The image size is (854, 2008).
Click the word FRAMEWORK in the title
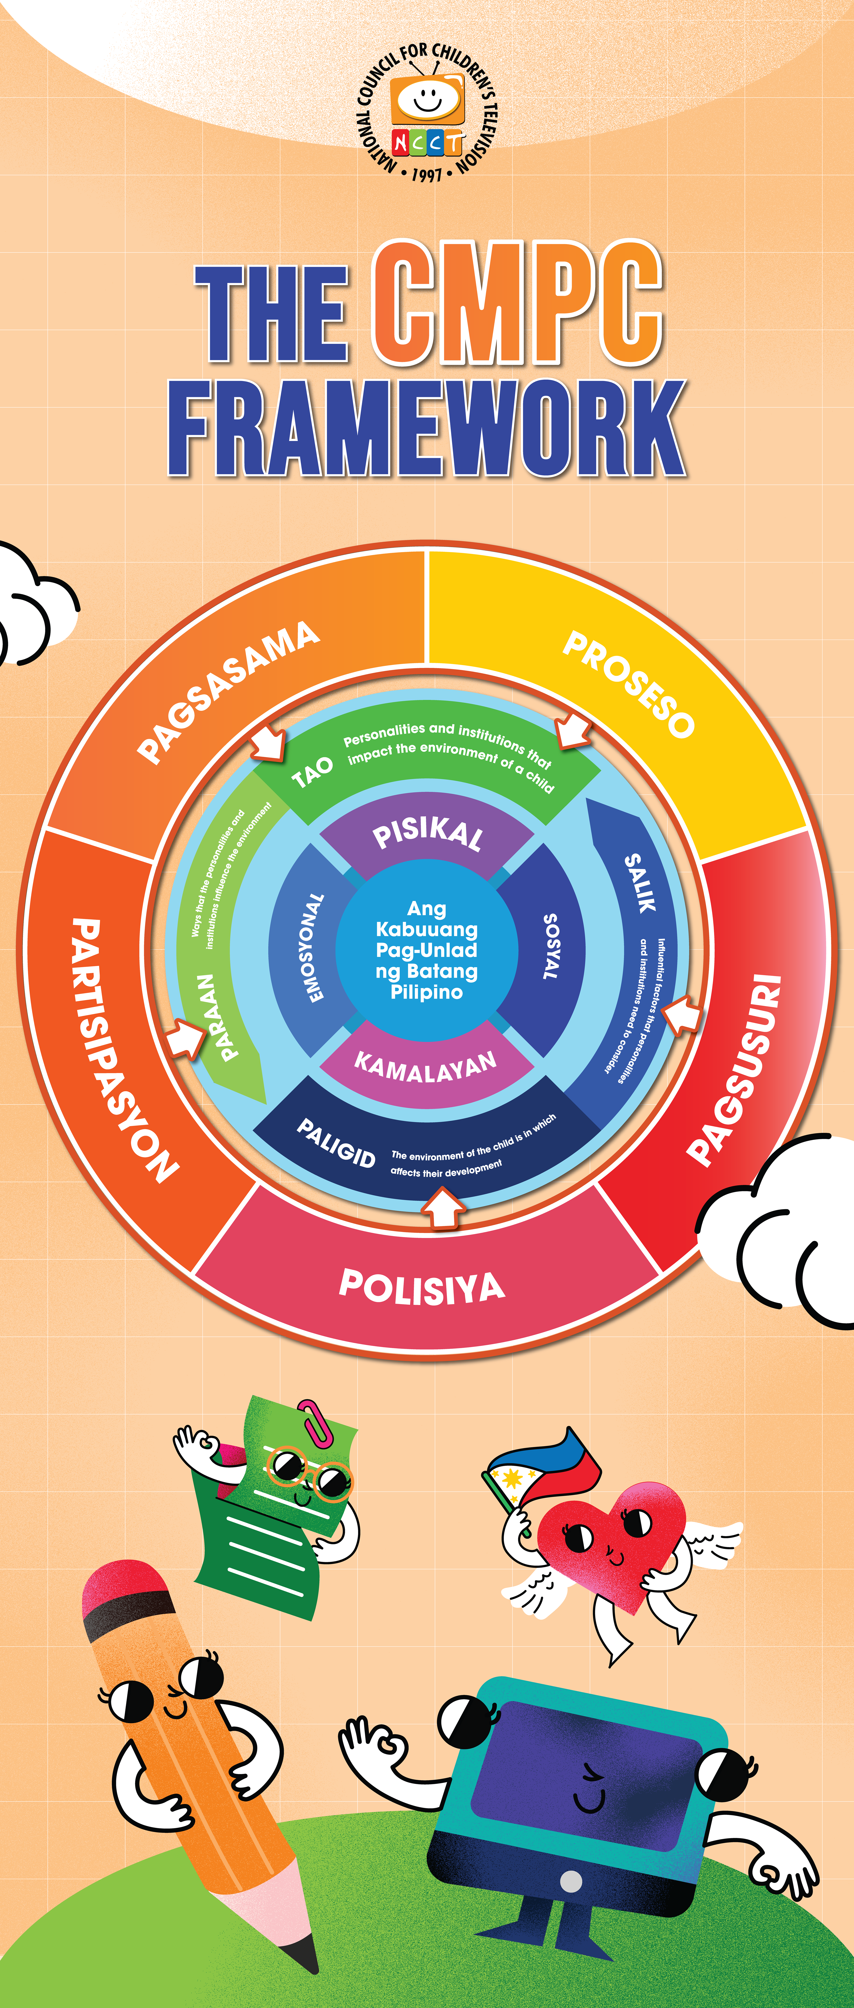[427, 429]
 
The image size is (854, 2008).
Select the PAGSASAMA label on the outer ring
[228, 691]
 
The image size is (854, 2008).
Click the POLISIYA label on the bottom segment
[422, 1287]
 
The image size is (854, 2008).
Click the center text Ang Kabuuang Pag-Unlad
[427, 949]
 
